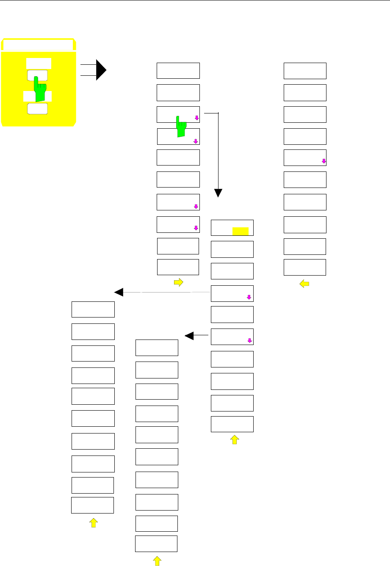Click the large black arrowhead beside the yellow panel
(x=101, y=70)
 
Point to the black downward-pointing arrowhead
(x=218, y=193)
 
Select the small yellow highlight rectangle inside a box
(x=240, y=231)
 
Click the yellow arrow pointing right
(x=178, y=283)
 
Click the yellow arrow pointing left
(x=304, y=284)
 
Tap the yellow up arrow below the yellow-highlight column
(x=234, y=440)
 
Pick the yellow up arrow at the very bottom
(x=157, y=561)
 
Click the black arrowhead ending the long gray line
(x=119, y=292)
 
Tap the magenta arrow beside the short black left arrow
(x=250, y=340)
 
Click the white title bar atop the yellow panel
(x=38, y=45)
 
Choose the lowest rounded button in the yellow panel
(x=37, y=108)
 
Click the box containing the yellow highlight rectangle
(x=232, y=228)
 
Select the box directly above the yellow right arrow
(x=178, y=267)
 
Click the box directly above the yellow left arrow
(x=304, y=267)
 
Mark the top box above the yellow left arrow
(x=305, y=71)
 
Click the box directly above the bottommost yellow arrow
(x=156, y=544)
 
